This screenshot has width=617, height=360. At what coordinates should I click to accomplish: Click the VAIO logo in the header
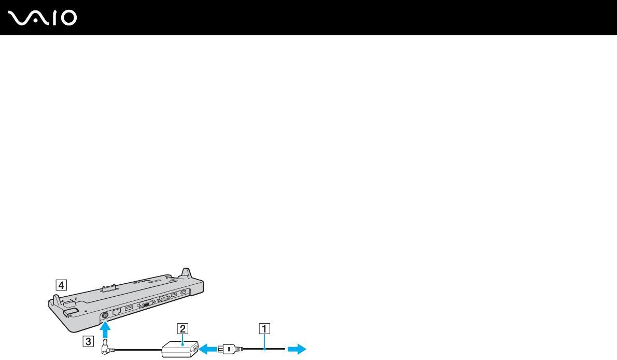tap(43, 18)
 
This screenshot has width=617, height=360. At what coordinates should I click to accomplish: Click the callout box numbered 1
tap(264, 328)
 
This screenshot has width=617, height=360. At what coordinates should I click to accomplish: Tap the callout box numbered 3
tap(89, 341)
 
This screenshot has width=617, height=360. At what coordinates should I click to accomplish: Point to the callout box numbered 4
tap(61, 284)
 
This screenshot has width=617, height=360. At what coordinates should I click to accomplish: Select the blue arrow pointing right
tap(298, 350)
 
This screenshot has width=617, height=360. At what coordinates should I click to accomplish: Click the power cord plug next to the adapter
tap(228, 350)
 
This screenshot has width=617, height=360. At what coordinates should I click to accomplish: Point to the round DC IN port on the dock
tap(106, 314)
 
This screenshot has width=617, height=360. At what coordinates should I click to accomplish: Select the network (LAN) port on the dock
tap(117, 312)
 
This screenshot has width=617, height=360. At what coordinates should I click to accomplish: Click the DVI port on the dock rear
tap(147, 304)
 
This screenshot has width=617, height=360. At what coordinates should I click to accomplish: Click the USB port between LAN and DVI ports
tap(129, 309)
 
